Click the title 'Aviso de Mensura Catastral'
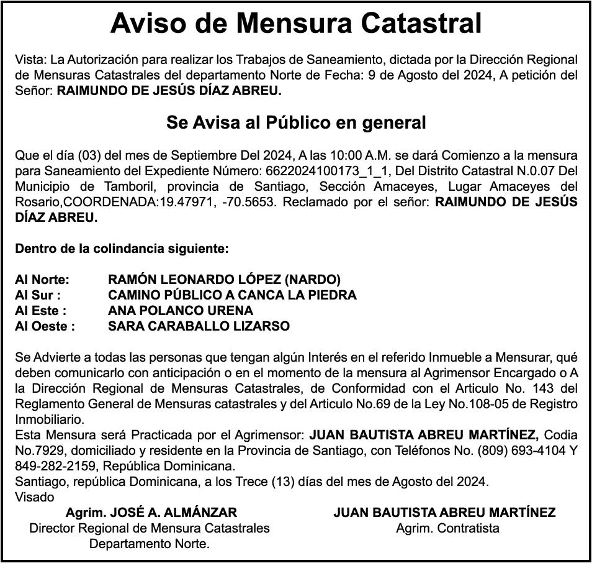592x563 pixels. (x=296, y=24)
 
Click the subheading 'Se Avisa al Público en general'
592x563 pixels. (x=296, y=122)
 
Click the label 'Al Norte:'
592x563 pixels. (x=42, y=280)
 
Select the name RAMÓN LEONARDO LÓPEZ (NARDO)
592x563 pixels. (x=224, y=280)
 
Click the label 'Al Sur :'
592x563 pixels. (x=38, y=295)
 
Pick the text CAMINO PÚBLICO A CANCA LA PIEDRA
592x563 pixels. (x=232, y=295)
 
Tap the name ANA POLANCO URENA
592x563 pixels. (x=181, y=311)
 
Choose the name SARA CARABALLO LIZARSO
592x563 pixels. (x=199, y=326)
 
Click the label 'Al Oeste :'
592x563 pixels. (x=45, y=326)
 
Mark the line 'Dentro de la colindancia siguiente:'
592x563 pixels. (x=122, y=249)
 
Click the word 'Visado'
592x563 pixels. (x=34, y=497)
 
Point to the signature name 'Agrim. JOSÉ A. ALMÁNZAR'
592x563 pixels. (x=151, y=513)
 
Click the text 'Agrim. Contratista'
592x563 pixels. (x=447, y=528)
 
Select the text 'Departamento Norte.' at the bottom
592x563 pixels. (x=150, y=544)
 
